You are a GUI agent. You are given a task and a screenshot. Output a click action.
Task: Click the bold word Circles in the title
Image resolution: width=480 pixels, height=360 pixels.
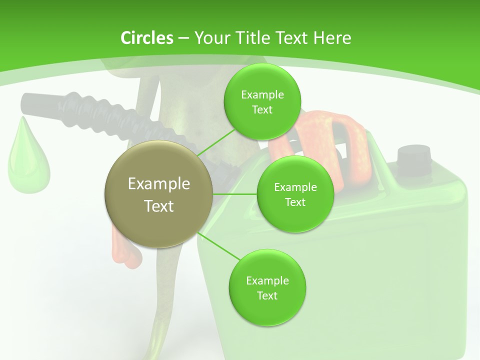pyautogui.click(x=146, y=37)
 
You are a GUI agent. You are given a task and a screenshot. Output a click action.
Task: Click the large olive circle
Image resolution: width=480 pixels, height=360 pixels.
pyautogui.click(x=159, y=194)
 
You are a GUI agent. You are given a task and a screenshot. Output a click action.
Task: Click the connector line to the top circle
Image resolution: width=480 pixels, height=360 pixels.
pyautogui.click(x=216, y=142)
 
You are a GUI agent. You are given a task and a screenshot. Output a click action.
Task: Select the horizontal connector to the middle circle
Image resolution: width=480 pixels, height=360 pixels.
pyautogui.click(x=235, y=194)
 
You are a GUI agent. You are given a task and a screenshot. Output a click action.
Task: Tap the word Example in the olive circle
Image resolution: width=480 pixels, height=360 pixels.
pyautogui.click(x=159, y=183)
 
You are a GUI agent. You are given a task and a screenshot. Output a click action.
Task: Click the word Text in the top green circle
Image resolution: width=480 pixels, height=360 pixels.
pyautogui.click(x=262, y=109)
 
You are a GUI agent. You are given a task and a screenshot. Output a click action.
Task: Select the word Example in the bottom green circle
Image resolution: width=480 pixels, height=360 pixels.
pyautogui.click(x=267, y=280)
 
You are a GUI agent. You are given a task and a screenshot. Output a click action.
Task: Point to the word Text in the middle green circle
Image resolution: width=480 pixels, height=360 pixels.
pyautogui.click(x=295, y=202)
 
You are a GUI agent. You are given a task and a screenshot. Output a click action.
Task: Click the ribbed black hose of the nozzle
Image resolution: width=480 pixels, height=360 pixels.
pyautogui.click(x=100, y=112)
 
